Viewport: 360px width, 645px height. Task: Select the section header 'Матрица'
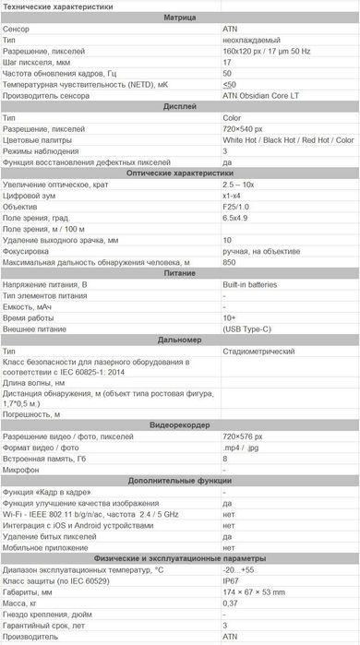click(x=179, y=18)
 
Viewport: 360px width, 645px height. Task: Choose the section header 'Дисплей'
click(x=179, y=107)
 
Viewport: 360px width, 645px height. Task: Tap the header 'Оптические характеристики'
click(x=179, y=173)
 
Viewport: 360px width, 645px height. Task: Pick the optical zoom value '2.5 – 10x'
click(x=241, y=185)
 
